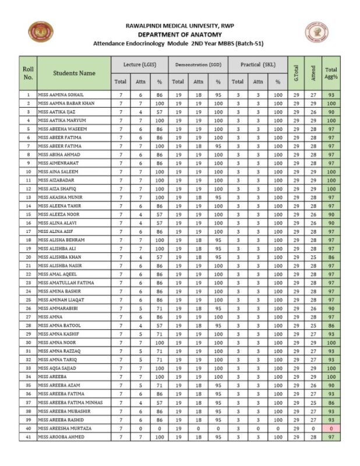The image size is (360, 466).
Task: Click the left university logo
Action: [40, 33]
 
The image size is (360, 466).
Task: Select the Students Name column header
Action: [74, 73]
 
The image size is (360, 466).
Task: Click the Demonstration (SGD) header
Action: [197, 64]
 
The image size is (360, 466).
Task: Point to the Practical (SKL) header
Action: [257, 64]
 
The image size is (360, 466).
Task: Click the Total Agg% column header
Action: [331, 73]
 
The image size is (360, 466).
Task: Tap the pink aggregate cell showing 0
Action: [331, 428]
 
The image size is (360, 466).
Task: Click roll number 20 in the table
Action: [28, 257]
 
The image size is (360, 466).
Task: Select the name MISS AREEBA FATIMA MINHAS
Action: [70, 403]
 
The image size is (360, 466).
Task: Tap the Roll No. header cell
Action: [28, 73]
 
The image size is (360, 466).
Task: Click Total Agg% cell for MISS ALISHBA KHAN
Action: [331, 257]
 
